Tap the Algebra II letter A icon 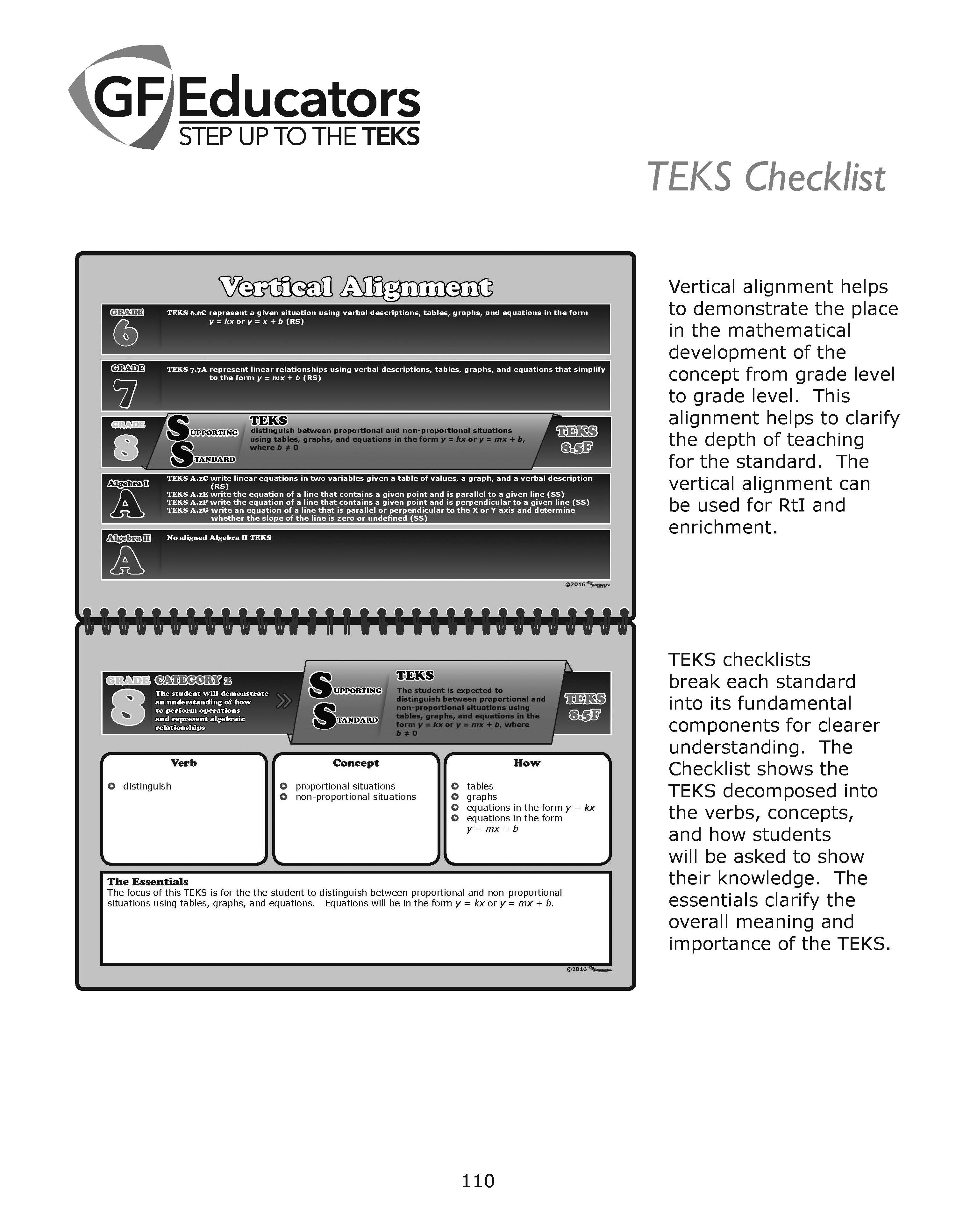(x=127, y=560)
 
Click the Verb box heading (x=183, y=763)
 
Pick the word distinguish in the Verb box (x=147, y=786)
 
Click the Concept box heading (x=356, y=763)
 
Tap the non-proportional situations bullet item (x=356, y=797)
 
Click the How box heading (x=527, y=763)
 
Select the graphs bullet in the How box (x=482, y=797)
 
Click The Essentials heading (x=147, y=882)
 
